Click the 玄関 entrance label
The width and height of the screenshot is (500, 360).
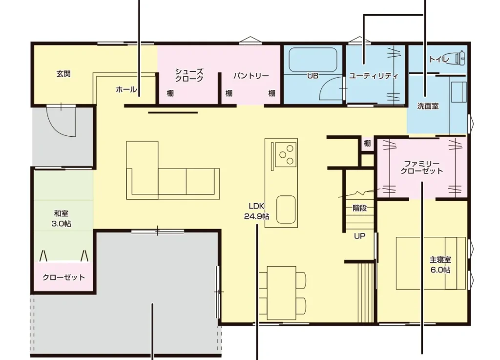click(x=63, y=74)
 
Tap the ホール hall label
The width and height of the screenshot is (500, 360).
click(x=126, y=89)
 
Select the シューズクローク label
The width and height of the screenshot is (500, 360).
click(x=189, y=75)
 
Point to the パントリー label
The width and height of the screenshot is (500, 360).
click(x=251, y=76)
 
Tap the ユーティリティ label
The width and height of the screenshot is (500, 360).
click(x=374, y=76)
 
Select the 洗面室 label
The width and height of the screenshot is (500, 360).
click(x=428, y=106)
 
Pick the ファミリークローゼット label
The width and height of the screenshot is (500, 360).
click(x=421, y=168)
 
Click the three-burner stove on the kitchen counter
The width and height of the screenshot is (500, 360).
click(x=286, y=154)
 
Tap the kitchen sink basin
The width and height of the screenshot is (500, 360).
click(x=286, y=209)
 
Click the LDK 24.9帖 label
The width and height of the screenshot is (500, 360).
click(x=257, y=211)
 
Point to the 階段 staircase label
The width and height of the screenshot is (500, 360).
click(x=359, y=208)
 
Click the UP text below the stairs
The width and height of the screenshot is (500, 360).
click(x=359, y=236)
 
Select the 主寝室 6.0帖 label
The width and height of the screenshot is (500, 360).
click(x=440, y=265)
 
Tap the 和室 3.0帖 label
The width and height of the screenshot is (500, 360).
click(x=61, y=218)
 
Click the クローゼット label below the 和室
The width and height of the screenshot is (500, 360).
click(x=64, y=277)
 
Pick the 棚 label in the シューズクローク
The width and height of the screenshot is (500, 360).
click(x=170, y=93)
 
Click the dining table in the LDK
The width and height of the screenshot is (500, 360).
click(x=282, y=293)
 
